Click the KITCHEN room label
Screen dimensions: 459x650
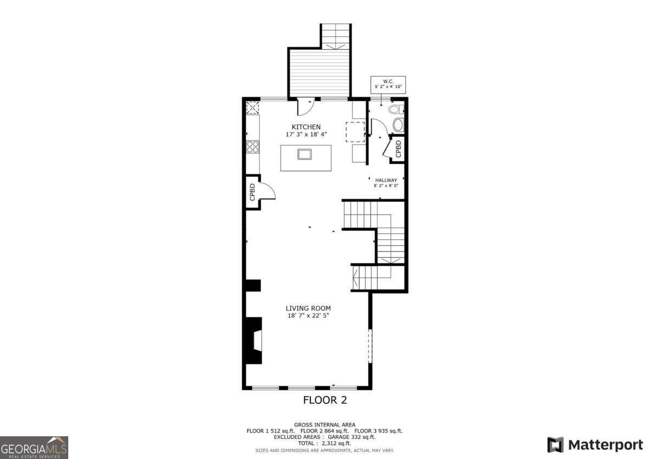(306, 127)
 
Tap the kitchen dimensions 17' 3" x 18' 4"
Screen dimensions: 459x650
(306, 134)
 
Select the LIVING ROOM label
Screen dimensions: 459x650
(308, 308)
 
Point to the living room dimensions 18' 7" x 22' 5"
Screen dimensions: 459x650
(308, 316)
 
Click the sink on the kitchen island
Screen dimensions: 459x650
(305, 154)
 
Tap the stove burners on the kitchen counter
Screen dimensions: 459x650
(253, 147)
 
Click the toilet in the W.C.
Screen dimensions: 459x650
(395, 110)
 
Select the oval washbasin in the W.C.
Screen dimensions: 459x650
(398, 126)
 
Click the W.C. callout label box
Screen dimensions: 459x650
(388, 84)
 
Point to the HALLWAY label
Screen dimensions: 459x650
(386, 180)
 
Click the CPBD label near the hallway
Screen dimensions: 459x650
(398, 149)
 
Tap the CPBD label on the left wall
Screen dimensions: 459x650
(252, 192)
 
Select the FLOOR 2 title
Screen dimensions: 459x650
(324, 401)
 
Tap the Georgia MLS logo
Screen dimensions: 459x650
(34, 448)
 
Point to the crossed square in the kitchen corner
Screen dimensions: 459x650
(252, 107)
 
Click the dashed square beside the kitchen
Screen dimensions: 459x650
(355, 132)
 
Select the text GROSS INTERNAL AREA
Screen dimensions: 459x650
(324, 425)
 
